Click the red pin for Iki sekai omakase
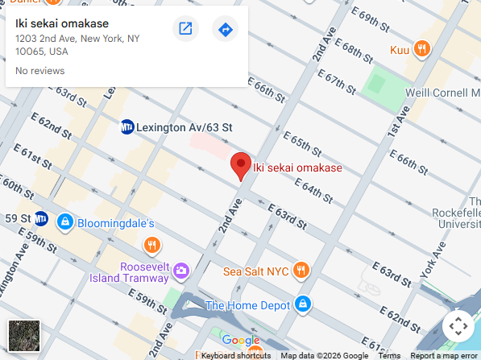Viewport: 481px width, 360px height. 240,165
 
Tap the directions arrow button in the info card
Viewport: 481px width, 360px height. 226,30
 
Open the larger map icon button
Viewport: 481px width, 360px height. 185,30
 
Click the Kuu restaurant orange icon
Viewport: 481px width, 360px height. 421,49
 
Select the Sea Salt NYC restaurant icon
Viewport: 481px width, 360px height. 301,270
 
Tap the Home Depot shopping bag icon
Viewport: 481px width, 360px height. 302,304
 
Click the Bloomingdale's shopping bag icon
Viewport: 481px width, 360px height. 65,221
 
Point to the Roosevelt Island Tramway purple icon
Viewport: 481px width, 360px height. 181,270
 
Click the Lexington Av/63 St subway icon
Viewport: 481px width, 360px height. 126,126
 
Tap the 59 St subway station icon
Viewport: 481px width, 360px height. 40,218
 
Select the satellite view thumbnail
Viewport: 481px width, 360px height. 23,335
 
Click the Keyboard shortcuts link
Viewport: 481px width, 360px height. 235,355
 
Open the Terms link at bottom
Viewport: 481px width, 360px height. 389,355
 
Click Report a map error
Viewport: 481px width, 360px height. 443,355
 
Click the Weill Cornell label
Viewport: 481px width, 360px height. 442,93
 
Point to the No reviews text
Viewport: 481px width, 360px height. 40,71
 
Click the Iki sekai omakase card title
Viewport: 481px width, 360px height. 62,23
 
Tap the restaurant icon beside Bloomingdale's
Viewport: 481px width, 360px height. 151,244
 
